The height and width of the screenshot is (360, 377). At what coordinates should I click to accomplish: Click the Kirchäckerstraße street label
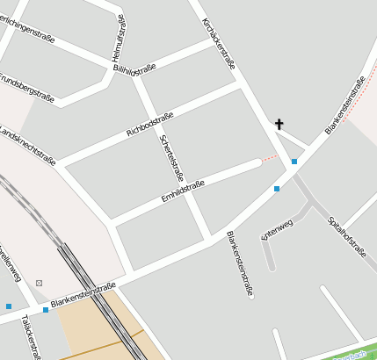(x=219, y=44)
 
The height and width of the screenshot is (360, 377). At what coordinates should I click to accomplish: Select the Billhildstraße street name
(x=135, y=69)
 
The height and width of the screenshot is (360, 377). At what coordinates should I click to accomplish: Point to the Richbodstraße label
(x=150, y=122)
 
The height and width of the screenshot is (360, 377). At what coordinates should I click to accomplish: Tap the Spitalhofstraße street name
(x=345, y=235)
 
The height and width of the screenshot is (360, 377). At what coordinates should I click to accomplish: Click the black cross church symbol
(x=279, y=125)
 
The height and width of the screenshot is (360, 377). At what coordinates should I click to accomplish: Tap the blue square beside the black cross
(x=294, y=162)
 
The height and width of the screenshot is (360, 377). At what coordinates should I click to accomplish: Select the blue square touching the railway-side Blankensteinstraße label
(x=46, y=310)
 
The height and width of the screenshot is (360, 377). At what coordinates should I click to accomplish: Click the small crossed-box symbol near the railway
(x=40, y=283)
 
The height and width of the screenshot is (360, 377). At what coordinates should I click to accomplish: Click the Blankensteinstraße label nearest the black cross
(x=344, y=105)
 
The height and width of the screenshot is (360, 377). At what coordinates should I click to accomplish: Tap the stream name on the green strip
(x=352, y=355)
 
